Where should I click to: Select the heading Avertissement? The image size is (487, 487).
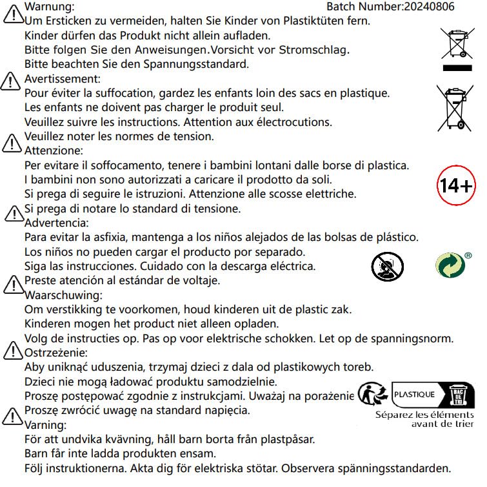point(62,79)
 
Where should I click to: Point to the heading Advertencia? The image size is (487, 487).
point(56,223)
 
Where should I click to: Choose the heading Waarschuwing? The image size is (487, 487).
point(63,295)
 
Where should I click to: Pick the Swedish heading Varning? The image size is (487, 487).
point(45,425)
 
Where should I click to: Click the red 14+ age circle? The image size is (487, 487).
point(455,185)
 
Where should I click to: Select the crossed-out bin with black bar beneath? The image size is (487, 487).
point(459,48)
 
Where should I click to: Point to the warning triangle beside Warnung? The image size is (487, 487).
point(12,14)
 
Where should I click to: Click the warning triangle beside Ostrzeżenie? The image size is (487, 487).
point(12,351)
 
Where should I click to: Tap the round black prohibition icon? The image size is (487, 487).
point(387,266)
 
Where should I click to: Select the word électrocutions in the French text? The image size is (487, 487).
point(292,122)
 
